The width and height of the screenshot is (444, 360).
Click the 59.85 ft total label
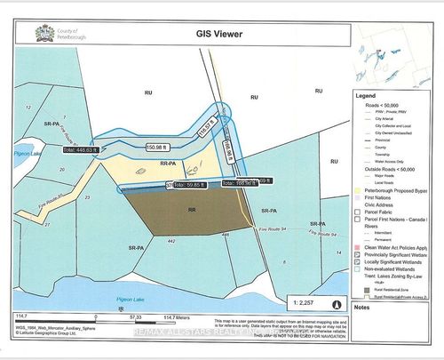186,186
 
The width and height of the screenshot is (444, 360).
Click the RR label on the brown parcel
193,211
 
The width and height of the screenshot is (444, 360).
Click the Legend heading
367,95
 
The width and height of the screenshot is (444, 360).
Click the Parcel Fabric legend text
382,212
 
